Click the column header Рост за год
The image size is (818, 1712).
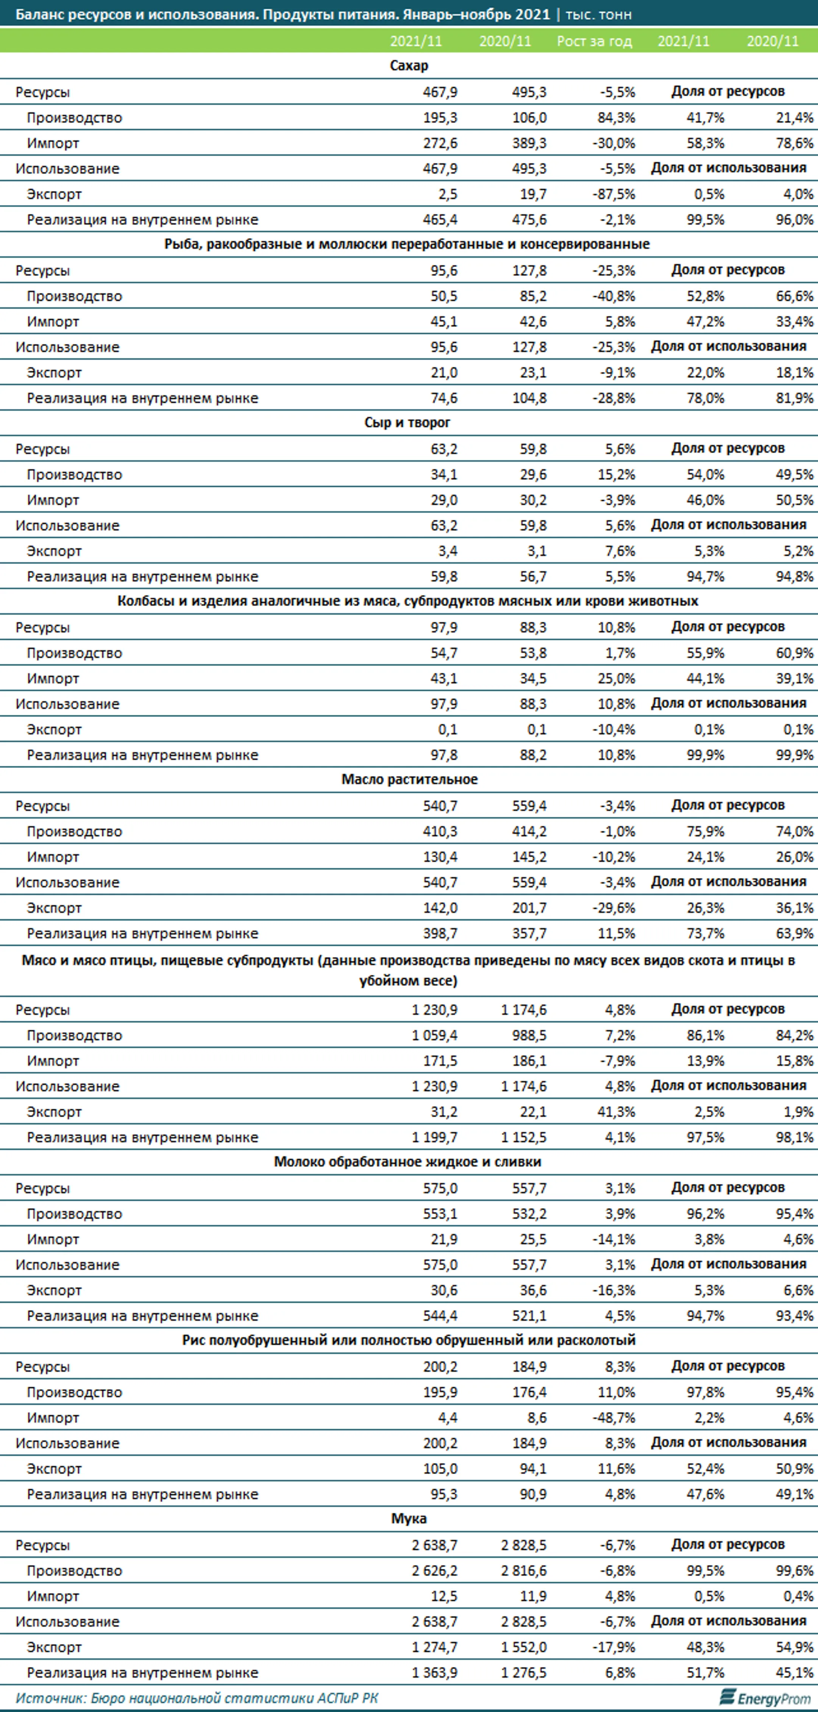tap(594, 41)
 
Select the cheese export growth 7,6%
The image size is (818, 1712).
tap(619, 551)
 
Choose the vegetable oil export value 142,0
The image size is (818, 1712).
tap(440, 908)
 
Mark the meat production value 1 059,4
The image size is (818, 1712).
tap(435, 1035)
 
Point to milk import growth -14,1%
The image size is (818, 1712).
tap(614, 1240)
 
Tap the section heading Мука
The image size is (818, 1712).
tap(409, 1519)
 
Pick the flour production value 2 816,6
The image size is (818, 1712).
tap(524, 1571)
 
